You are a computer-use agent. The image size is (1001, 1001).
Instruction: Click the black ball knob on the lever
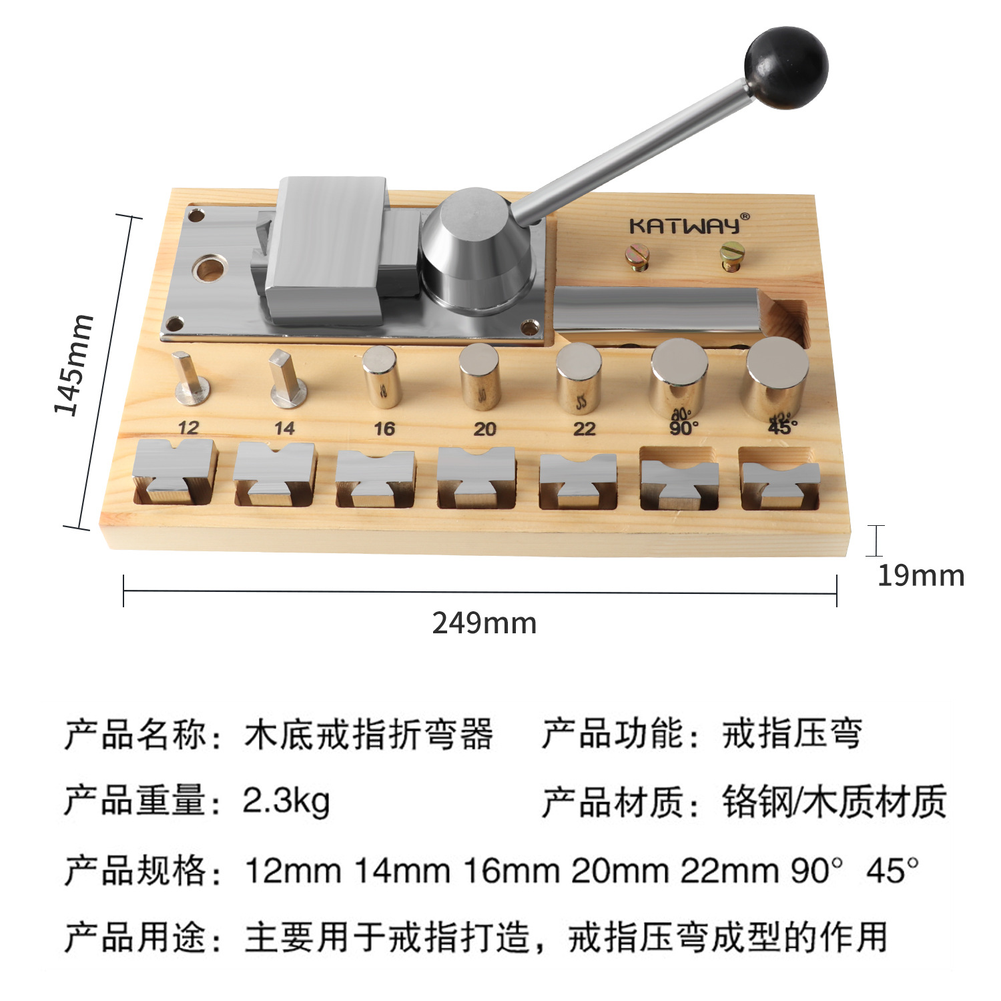click(786, 67)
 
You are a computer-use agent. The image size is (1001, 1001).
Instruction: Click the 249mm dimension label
click(484, 623)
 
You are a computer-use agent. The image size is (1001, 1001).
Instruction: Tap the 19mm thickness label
click(920, 575)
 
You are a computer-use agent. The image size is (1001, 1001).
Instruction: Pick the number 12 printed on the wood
click(188, 428)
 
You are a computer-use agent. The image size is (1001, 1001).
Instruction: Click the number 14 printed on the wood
click(284, 428)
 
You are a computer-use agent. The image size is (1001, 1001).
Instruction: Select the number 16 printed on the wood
click(384, 428)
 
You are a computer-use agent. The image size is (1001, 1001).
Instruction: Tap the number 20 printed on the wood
click(484, 428)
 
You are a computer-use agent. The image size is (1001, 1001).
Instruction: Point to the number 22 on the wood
click(584, 428)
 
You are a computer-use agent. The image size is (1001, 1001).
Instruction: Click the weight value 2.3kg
click(286, 800)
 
